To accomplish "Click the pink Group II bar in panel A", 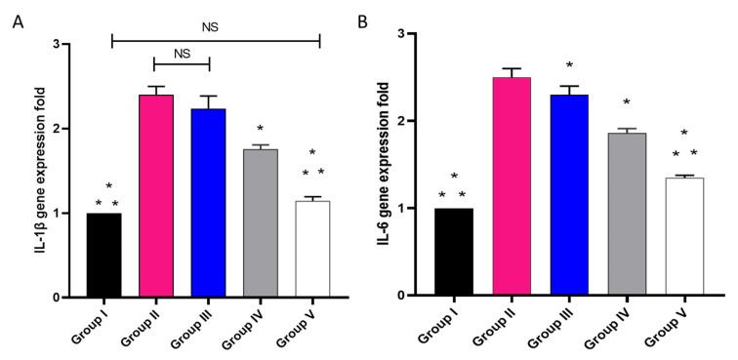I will coord(155,196).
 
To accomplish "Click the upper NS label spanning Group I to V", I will coord(211,27).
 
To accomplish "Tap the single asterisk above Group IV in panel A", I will coord(260,129).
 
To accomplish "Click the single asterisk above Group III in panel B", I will coord(569,66).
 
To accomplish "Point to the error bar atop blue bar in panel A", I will coord(208,101).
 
